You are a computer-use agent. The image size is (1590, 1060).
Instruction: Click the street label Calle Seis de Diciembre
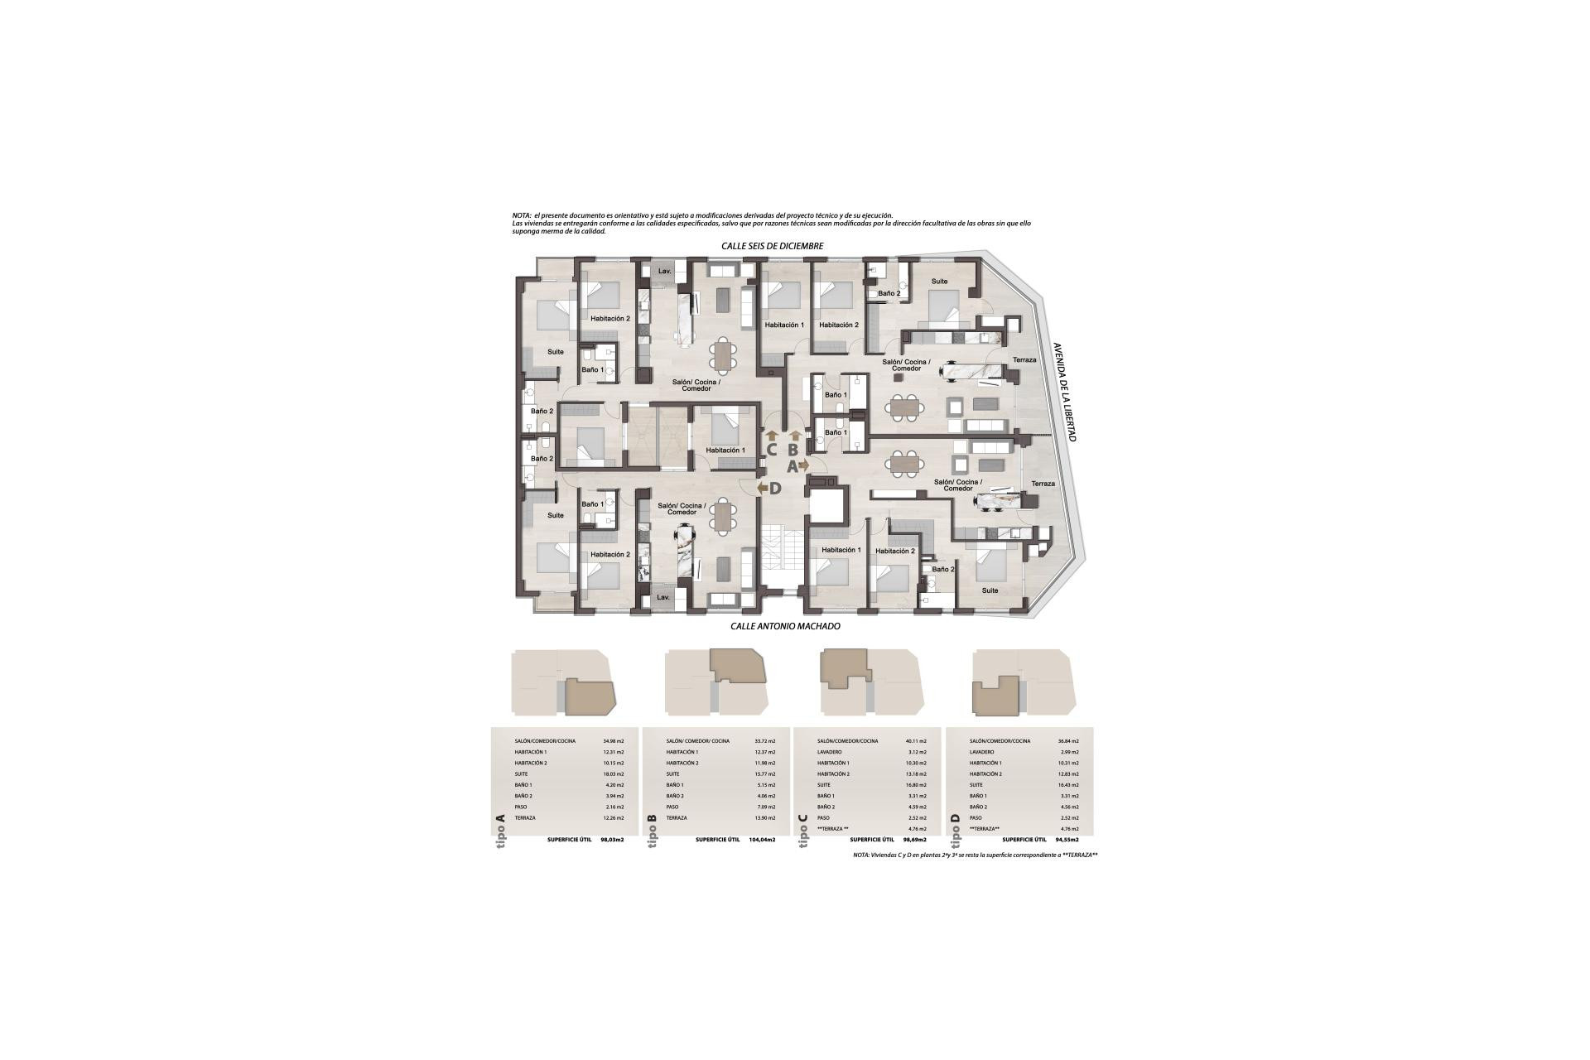(772, 246)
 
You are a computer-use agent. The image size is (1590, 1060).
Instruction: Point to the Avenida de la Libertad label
(1064, 392)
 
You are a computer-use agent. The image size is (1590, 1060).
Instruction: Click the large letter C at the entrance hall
(770, 450)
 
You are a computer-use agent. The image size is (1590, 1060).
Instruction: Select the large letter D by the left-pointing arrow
(775, 489)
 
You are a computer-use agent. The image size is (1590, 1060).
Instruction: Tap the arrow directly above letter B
(796, 435)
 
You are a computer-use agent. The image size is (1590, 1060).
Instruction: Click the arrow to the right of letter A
(804, 466)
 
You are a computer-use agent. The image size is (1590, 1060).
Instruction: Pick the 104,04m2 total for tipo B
(759, 840)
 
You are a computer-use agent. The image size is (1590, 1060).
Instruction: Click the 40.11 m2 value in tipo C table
(917, 741)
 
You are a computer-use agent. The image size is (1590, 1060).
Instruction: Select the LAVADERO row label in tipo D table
(981, 752)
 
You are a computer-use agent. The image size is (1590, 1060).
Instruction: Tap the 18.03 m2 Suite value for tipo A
(614, 773)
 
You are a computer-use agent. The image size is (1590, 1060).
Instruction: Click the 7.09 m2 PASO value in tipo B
(765, 807)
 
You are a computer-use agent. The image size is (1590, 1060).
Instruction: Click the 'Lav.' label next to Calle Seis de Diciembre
(664, 272)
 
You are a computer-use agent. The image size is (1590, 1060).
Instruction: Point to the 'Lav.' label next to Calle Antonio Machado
(663, 596)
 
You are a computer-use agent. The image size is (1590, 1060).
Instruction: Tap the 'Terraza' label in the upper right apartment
(1024, 360)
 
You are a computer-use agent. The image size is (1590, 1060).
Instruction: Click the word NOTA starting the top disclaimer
(522, 216)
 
